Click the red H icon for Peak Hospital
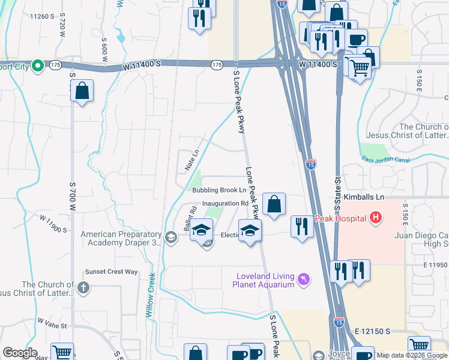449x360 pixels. point(376,217)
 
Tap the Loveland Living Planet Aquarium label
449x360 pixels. point(265,280)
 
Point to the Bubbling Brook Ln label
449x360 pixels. point(220,190)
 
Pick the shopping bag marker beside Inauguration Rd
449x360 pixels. point(274,204)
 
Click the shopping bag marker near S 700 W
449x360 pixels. point(82,91)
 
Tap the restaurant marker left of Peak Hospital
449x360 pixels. point(301,226)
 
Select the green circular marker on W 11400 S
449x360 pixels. point(37,65)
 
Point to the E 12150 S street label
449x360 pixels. point(372,331)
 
